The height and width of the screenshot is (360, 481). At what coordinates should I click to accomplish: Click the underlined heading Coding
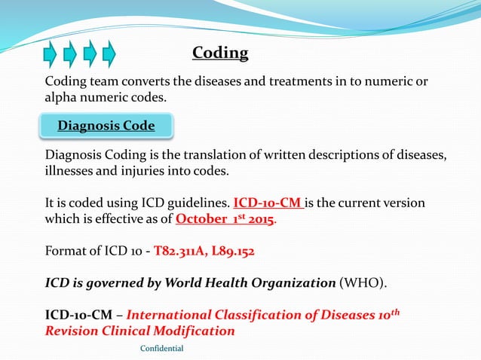point(220,53)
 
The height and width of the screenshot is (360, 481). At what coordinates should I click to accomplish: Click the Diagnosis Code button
point(106,126)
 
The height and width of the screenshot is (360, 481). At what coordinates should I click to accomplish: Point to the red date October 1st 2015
point(225,219)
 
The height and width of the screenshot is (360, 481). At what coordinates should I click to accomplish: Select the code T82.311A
point(181,252)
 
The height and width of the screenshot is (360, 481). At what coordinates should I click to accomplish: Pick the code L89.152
point(232,252)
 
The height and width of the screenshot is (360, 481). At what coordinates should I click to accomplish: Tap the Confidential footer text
point(162,348)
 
